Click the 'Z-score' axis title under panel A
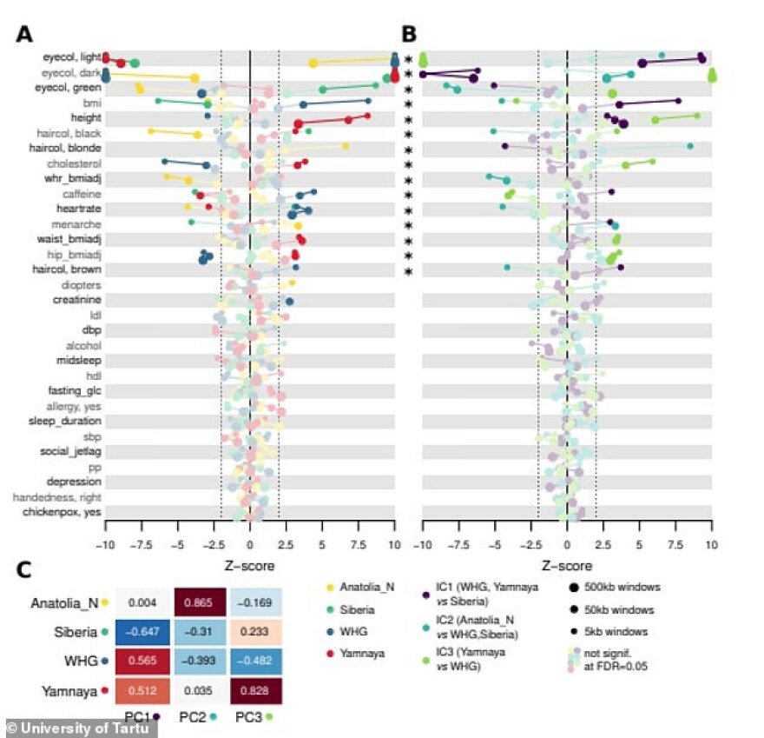click(x=249, y=566)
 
